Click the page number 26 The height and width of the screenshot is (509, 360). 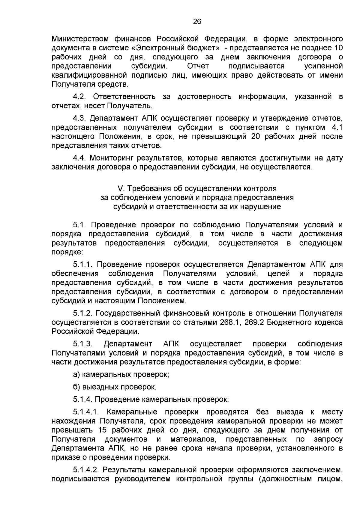point(197,21)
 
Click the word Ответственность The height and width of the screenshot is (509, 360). point(124,97)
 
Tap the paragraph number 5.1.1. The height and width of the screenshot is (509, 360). point(84,265)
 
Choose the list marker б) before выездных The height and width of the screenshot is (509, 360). point(76,387)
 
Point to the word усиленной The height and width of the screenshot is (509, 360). point(323,66)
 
